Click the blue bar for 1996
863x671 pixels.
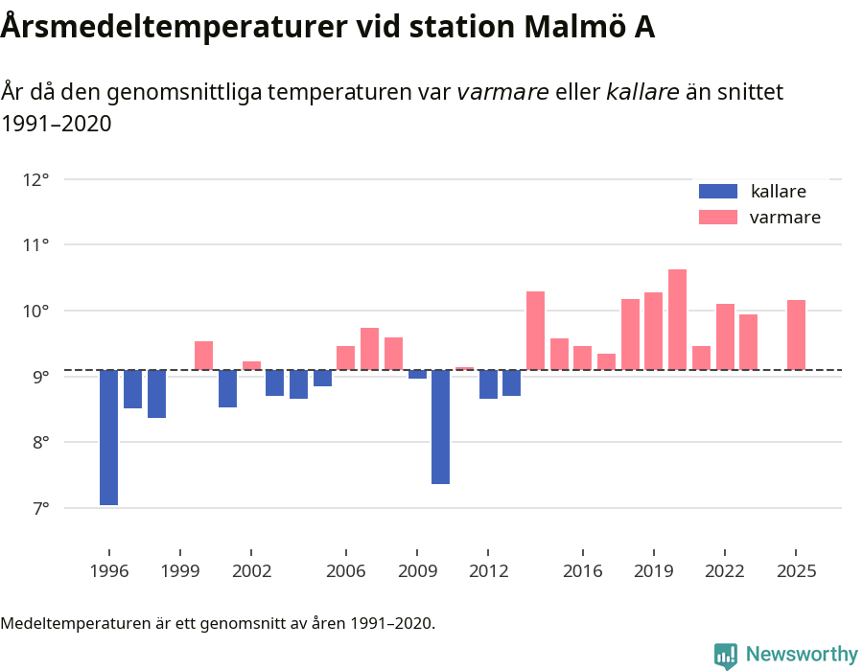point(108,437)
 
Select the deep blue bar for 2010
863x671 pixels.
point(440,427)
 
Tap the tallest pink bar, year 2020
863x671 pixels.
point(677,319)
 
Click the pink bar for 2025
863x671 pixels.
point(796,335)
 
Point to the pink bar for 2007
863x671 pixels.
point(369,349)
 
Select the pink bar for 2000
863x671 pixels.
point(203,356)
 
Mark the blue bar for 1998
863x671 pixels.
point(156,394)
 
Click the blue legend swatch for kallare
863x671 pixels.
point(718,191)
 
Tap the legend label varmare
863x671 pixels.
point(784,218)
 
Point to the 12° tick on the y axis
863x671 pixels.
point(35,179)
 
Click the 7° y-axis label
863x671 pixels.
point(35,508)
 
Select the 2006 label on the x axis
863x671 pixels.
point(345,571)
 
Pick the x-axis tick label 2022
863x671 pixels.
point(724,571)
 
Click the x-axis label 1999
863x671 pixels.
point(179,571)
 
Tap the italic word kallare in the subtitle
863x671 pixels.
point(642,92)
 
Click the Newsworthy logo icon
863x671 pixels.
point(726,655)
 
